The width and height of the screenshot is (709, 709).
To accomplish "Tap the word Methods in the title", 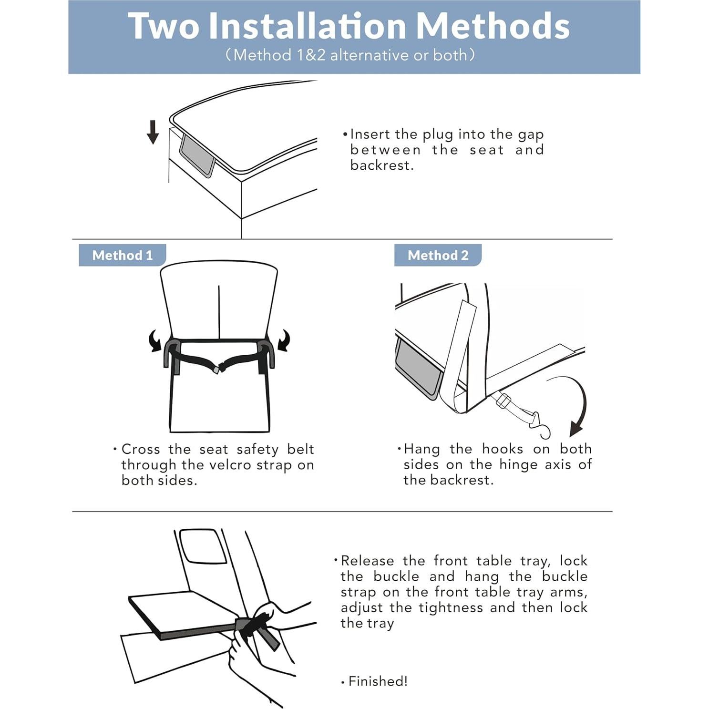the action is coord(493,26).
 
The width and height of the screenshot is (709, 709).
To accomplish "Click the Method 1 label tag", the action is coord(123,255).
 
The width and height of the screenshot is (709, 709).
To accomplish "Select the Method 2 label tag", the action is coord(438,255).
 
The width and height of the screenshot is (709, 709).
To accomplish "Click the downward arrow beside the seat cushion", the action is coord(153,132).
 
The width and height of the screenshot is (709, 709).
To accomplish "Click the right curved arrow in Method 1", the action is coord(284,340).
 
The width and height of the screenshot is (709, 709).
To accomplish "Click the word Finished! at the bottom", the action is coord(378,681).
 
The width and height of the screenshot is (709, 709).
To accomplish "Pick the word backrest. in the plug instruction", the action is coord(382,165).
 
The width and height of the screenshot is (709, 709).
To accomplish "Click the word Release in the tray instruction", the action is coord(367,561).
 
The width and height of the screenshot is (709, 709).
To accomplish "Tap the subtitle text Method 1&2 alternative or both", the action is coord(350,55).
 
